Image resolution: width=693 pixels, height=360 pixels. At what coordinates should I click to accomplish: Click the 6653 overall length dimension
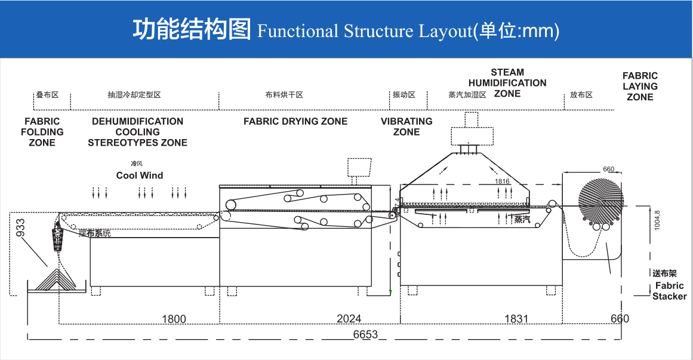pos(365,334)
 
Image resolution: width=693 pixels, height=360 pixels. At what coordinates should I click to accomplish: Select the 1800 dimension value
pos(174,319)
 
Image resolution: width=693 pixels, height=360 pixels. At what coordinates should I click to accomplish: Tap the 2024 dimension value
pos(349,319)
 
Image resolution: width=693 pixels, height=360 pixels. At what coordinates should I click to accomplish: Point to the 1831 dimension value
pos(516,319)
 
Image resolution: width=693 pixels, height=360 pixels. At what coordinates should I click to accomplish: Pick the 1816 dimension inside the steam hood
pos(502,181)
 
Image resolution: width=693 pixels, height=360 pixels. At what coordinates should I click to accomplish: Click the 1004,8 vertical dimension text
pos(657,220)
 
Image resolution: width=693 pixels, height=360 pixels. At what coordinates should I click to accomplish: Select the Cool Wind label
pos(140,176)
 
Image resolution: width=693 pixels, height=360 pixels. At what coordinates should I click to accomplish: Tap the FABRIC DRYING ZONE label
pos(295,122)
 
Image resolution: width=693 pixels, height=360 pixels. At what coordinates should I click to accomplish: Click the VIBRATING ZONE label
pos(406,127)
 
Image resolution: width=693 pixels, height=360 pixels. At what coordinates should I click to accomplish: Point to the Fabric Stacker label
pos(669,291)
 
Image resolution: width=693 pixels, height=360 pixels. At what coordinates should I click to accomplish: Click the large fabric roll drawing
pos(600,200)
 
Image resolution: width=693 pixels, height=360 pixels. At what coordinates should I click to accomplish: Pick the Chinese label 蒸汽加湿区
pos(467,95)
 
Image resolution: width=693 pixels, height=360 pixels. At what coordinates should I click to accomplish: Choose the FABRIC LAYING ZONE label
pos(640,86)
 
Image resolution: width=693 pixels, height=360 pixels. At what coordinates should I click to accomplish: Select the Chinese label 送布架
pos(664,273)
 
